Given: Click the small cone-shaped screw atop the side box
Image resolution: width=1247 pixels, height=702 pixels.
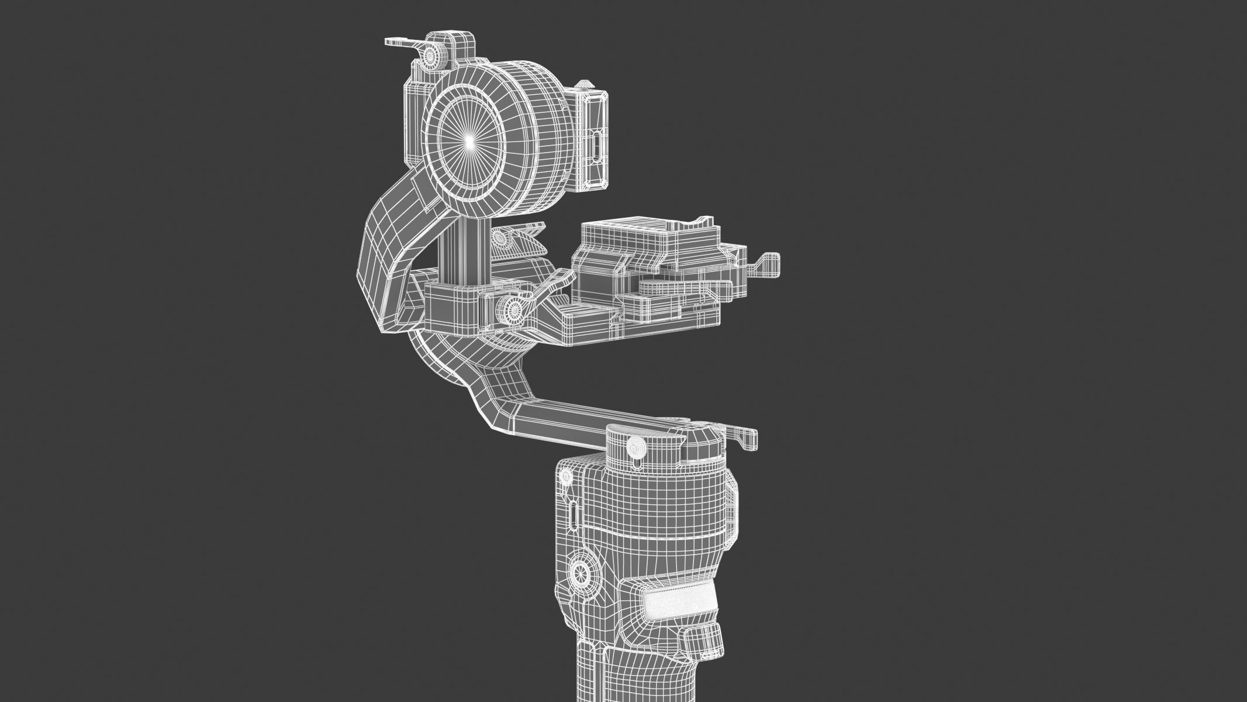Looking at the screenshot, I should point(583,85).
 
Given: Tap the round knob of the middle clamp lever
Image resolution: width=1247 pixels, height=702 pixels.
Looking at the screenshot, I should point(512,309).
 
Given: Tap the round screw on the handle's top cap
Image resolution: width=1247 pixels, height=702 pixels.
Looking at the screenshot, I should point(635,448).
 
